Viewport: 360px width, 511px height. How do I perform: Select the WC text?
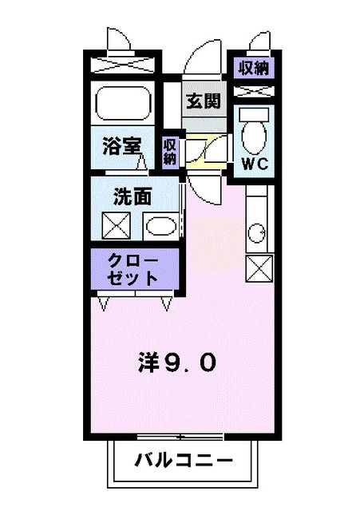(x=253, y=164)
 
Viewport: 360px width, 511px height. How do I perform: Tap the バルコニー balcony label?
(x=183, y=461)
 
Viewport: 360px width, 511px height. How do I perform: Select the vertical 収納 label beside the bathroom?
(x=170, y=151)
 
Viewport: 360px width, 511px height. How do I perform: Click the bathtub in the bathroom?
(x=122, y=103)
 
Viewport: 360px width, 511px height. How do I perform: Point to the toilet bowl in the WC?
(x=254, y=136)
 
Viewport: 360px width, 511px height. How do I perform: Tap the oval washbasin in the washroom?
(x=161, y=228)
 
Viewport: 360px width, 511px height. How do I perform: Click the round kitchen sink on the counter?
(x=257, y=234)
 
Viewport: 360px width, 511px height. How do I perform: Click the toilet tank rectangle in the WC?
(x=254, y=113)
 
